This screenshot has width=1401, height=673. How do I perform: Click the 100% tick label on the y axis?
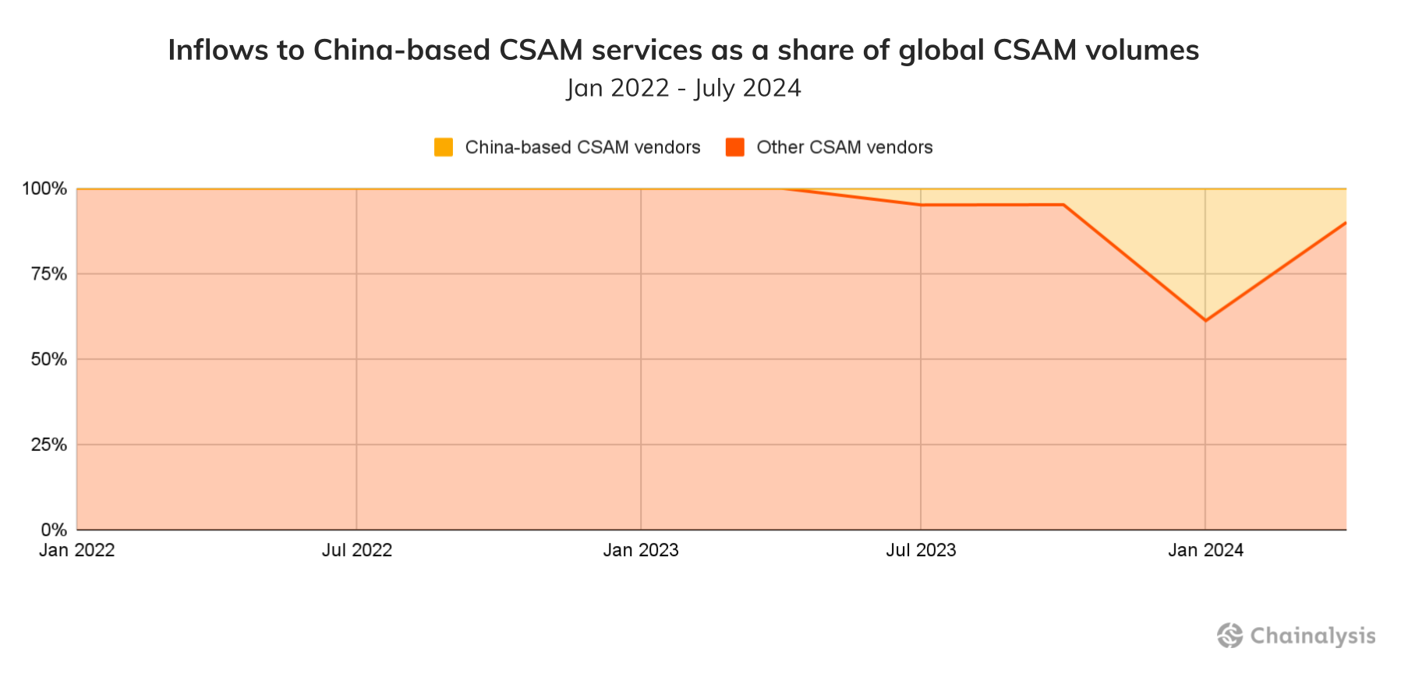[44, 189]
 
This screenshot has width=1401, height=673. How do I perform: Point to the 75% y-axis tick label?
[48, 274]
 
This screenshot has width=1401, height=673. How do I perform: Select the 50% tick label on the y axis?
[48, 360]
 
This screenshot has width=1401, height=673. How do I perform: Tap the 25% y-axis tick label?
[48, 445]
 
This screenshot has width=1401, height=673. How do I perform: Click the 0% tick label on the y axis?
[54, 530]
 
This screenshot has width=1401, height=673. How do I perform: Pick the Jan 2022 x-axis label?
[77, 551]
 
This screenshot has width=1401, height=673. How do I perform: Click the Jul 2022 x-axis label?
[357, 551]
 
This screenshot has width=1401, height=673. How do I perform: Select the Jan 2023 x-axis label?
[641, 551]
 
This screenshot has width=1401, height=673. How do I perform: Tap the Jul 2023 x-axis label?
[921, 551]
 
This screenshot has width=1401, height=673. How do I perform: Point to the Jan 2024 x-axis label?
[1205, 551]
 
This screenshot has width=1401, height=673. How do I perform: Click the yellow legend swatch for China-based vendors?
[444, 147]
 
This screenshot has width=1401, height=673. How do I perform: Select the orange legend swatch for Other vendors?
[734, 147]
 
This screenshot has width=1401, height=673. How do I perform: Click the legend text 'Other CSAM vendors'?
[844, 147]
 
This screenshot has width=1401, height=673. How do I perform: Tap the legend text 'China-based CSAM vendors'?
[582, 147]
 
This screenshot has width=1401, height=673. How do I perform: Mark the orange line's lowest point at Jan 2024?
[1205, 320]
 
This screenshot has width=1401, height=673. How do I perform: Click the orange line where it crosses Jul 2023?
[921, 205]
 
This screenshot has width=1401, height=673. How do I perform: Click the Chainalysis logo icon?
[1230, 636]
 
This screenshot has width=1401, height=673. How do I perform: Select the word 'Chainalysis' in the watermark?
[1313, 636]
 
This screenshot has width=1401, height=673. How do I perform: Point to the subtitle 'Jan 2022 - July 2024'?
[684, 88]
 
